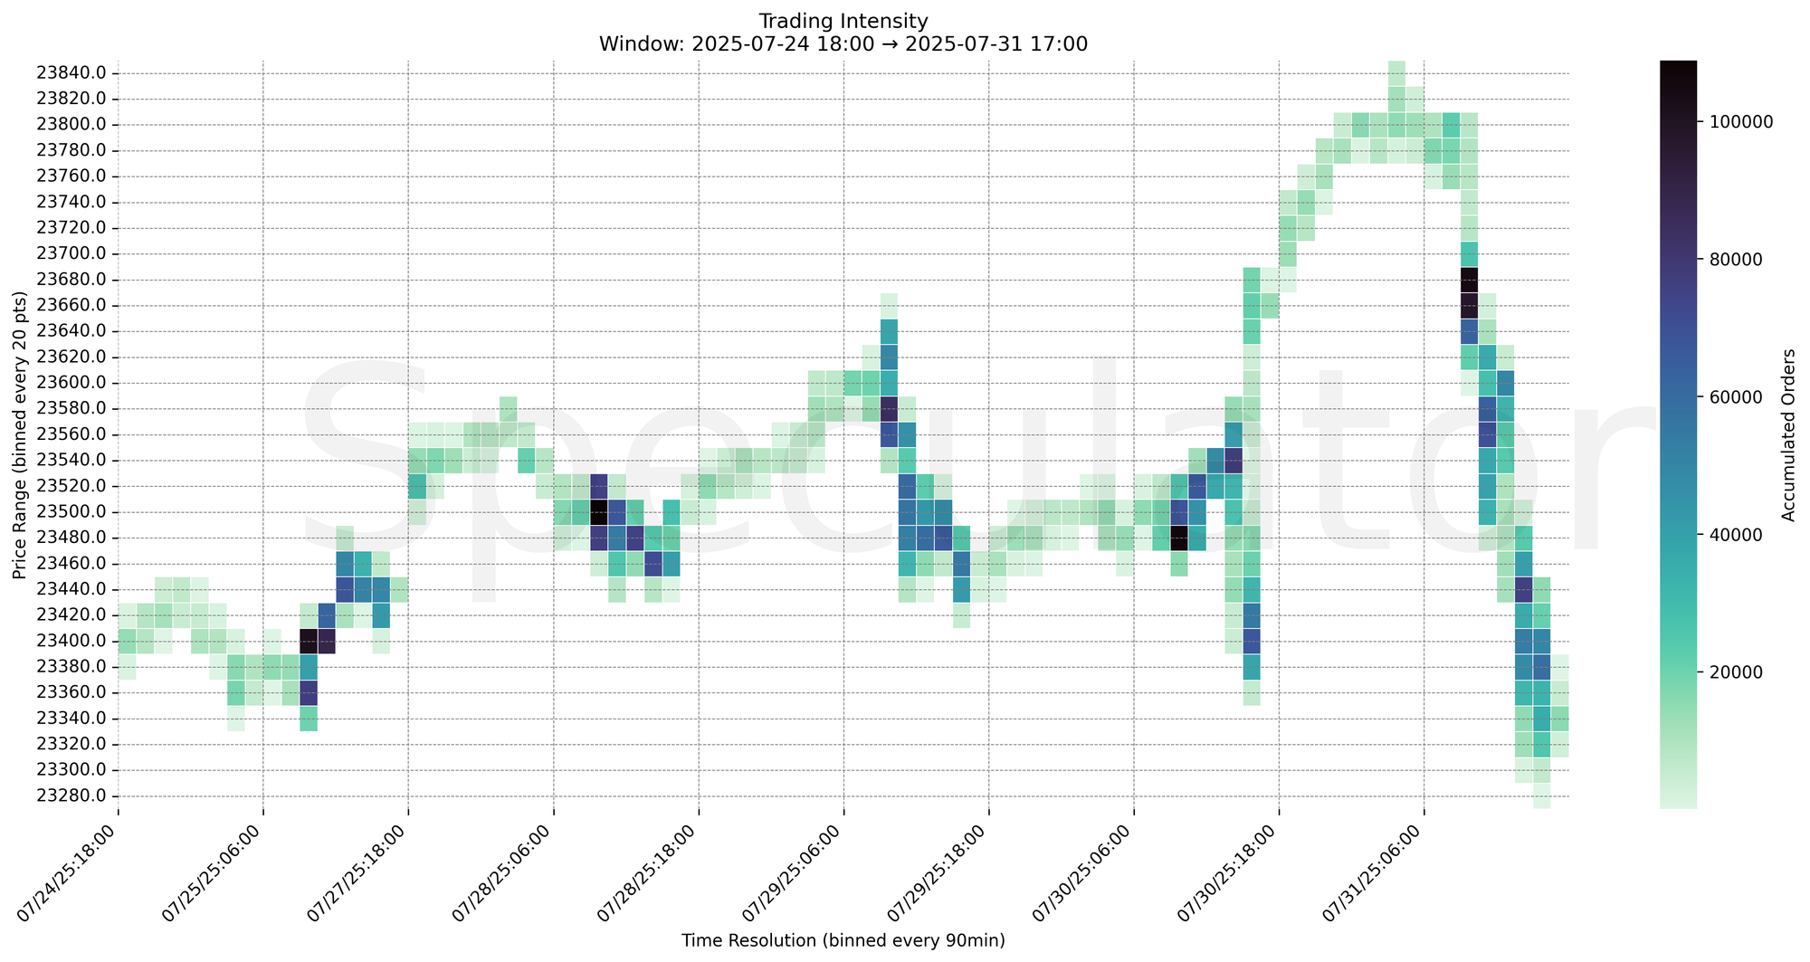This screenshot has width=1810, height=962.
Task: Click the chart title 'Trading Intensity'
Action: pos(843,20)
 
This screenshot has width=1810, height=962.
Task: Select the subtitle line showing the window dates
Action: pos(843,43)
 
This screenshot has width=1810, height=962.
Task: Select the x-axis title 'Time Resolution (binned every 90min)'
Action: pos(843,941)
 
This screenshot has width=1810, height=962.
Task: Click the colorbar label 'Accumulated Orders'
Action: pos(1787,434)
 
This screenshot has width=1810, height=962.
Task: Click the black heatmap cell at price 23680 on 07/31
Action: pos(1469,280)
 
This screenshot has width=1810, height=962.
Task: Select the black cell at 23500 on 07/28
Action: pos(598,512)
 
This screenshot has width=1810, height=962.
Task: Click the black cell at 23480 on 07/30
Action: pos(1178,538)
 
